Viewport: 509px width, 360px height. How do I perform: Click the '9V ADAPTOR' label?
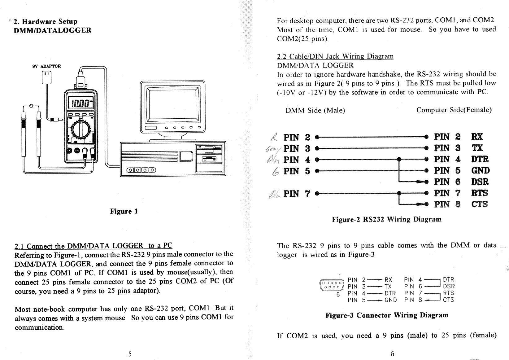pyautogui.click(x=46, y=66)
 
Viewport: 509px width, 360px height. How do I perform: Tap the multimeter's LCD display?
pyautogui.click(x=80, y=102)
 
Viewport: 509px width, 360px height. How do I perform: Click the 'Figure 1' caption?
pyautogui.click(x=124, y=212)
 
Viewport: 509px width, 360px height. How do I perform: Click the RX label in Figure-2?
pyautogui.click(x=476, y=137)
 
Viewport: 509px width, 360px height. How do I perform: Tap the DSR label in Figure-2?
pyautogui.click(x=480, y=182)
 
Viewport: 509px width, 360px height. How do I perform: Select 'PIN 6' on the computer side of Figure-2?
pyautogui.click(x=447, y=182)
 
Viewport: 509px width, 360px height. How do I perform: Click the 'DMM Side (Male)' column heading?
pyautogui.click(x=315, y=111)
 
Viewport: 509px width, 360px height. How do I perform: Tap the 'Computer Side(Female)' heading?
pyautogui.click(x=454, y=110)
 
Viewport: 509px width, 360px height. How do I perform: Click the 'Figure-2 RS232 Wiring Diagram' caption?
pyautogui.click(x=387, y=220)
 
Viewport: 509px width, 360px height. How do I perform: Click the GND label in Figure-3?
pyautogui.click(x=390, y=300)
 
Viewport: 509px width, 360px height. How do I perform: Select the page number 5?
pyautogui.click(x=130, y=354)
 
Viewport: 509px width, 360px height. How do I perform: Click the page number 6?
pyautogui.click(x=392, y=354)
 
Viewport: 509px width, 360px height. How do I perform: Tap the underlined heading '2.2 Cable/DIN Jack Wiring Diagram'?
pyautogui.click(x=335, y=57)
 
